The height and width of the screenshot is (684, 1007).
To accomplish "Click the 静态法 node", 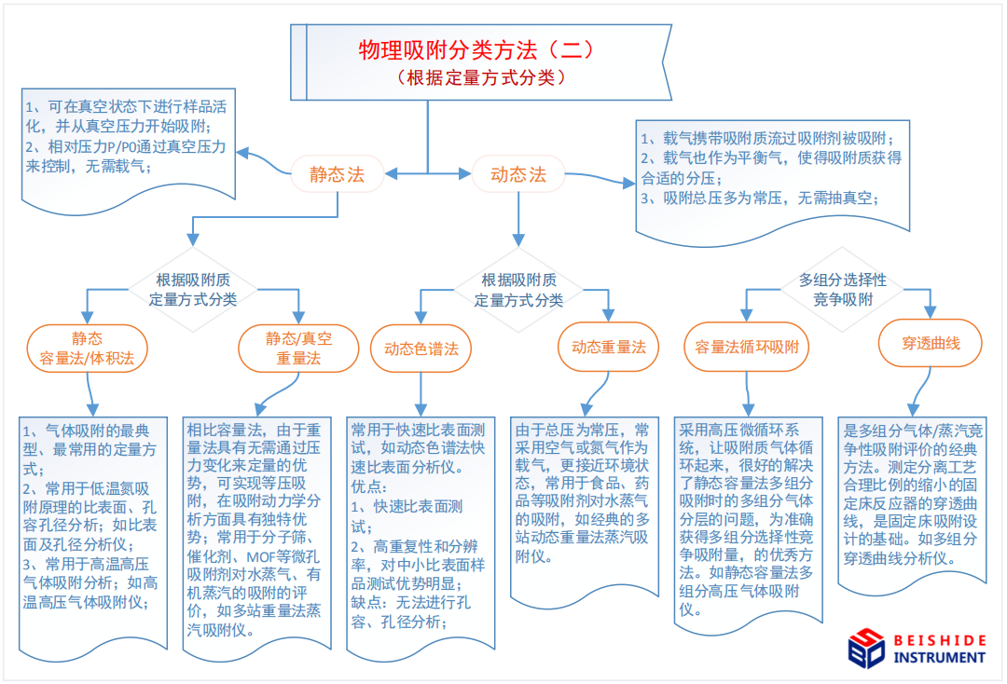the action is pos(338,174).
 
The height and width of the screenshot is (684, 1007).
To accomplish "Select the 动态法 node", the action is pos(518,174).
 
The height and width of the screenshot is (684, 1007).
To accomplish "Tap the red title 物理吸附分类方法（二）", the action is pos(476,49).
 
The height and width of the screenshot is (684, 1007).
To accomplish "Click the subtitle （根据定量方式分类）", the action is pos(481,77).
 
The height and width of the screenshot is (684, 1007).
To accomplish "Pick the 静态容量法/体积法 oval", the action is pos(88,349).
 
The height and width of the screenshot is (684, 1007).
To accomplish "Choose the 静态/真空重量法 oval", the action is pos(298,349).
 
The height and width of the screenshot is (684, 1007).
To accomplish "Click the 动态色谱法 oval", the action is pos(421,349).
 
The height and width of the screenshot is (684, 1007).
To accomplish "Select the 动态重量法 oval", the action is pos(608,348).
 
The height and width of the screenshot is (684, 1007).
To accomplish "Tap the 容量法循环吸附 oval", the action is pos(746,348).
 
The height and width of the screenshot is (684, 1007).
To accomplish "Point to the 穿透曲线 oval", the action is pos(931,343).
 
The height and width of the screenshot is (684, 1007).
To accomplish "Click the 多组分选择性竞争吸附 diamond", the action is pos(843,290).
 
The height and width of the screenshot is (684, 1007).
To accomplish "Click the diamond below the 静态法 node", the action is pos(193,290).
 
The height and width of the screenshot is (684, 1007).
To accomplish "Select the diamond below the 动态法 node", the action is pos(519,290).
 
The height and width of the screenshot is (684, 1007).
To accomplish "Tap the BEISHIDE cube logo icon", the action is pos(866,648).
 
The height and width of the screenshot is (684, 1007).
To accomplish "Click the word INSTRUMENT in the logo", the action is pos(939,658).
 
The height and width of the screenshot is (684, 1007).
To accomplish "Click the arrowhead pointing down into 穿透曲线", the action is pos(930,312).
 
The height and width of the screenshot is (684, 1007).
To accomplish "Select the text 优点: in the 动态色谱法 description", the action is pos(368,487).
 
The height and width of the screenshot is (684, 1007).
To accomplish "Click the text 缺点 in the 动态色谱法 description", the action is pos(366,603).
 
